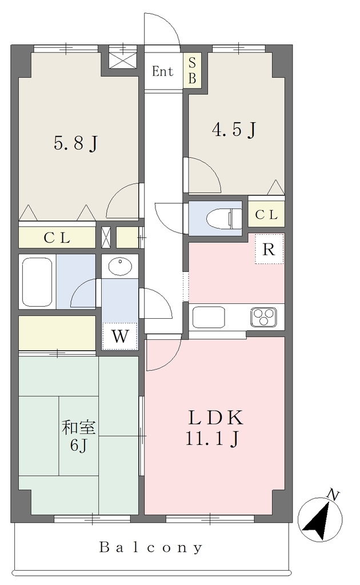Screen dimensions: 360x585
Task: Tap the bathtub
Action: (x=37, y=282)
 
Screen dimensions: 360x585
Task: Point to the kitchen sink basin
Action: (x=208, y=317)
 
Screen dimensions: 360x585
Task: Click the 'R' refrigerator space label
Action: (x=269, y=249)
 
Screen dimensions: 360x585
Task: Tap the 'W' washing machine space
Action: (x=120, y=336)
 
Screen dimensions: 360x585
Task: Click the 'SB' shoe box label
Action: (x=192, y=70)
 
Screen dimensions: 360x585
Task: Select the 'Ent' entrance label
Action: (x=163, y=71)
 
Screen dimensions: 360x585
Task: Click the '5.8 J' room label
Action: (x=76, y=143)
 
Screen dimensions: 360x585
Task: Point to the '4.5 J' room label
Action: (x=234, y=130)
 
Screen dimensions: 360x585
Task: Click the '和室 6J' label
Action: (x=78, y=435)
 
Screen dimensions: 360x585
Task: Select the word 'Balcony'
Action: (x=151, y=547)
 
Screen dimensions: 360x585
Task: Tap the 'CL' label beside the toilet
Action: (x=266, y=215)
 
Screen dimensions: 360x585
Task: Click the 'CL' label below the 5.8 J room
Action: (x=57, y=238)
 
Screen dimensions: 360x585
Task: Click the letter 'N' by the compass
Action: (x=333, y=495)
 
